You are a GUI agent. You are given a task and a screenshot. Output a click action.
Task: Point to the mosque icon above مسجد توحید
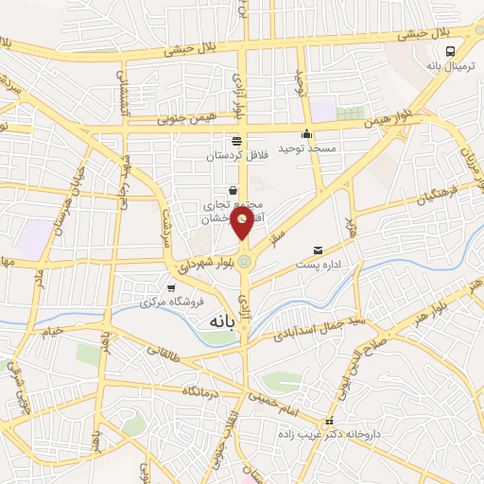click(306, 133)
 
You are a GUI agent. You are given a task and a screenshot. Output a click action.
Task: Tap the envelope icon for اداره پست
click(318, 251)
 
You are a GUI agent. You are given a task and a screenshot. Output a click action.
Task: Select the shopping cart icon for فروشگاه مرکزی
click(170, 288)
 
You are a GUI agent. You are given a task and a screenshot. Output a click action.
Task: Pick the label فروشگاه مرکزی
click(171, 303)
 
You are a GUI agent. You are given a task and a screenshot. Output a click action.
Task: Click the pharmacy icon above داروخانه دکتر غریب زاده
click(329, 422)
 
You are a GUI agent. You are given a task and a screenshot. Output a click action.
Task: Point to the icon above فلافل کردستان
click(236, 140)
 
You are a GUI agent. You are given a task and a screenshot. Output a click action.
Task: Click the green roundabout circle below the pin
click(245, 261)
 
